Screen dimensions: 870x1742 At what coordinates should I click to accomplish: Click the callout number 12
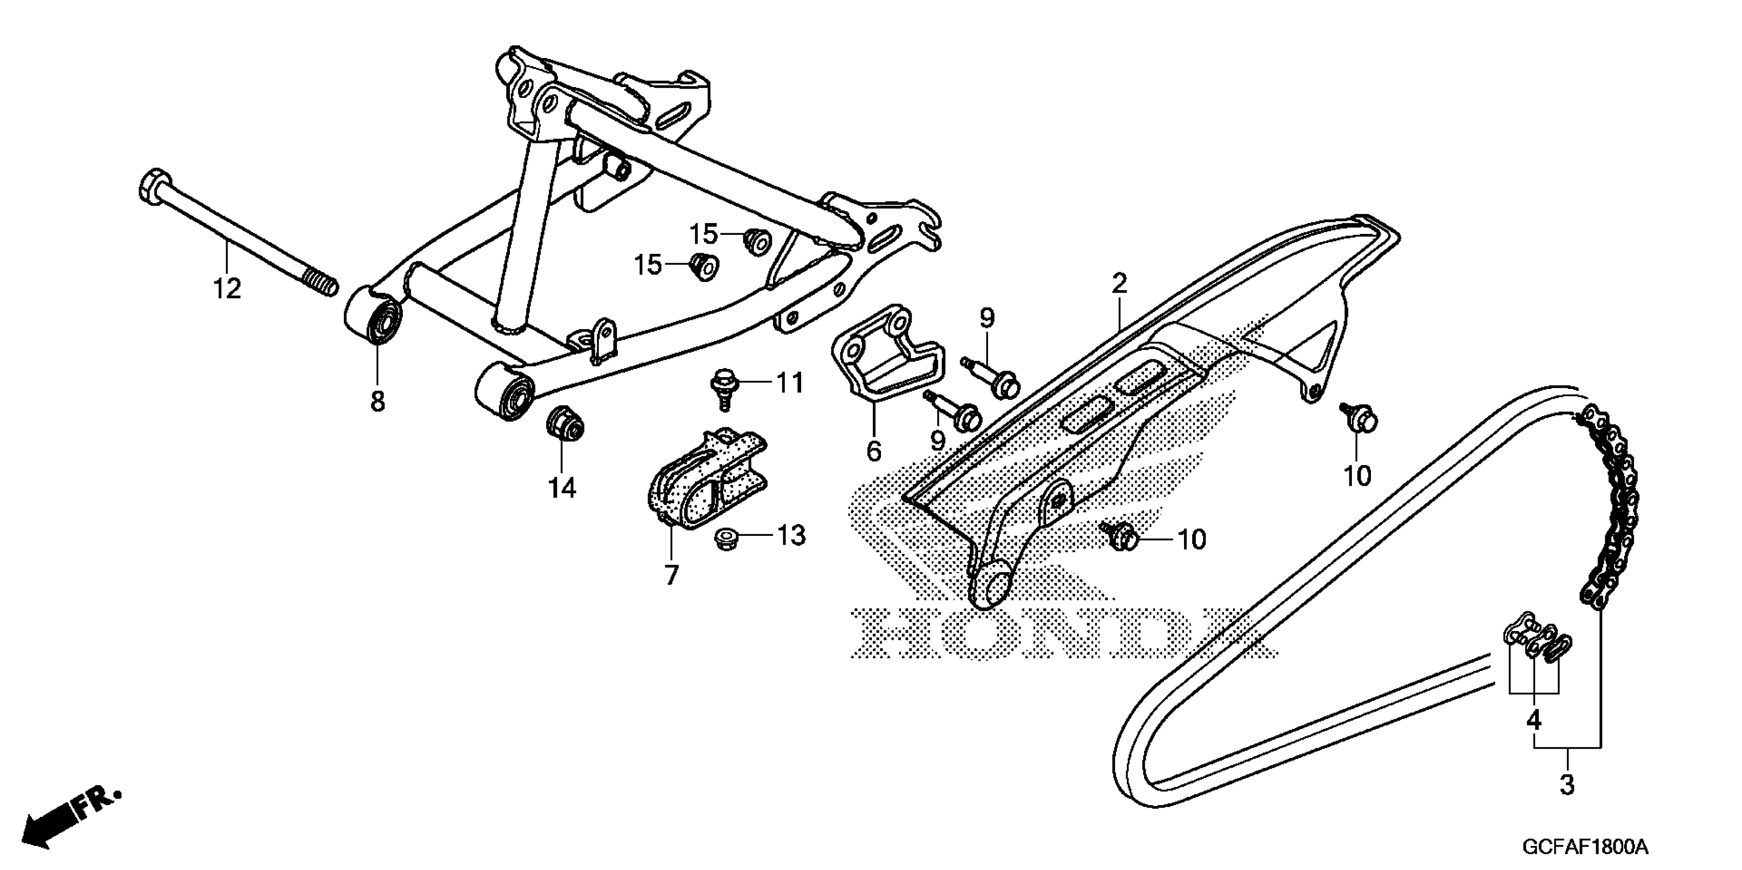click(x=227, y=289)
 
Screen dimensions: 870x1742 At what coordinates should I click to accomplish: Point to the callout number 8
click(x=377, y=402)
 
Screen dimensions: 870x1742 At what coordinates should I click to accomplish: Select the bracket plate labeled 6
click(x=879, y=358)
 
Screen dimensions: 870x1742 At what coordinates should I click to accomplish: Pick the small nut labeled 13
click(x=725, y=539)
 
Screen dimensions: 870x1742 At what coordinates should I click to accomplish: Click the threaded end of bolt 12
click(x=320, y=283)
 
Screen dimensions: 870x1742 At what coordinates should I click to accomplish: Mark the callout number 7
click(x=671, y=575)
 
